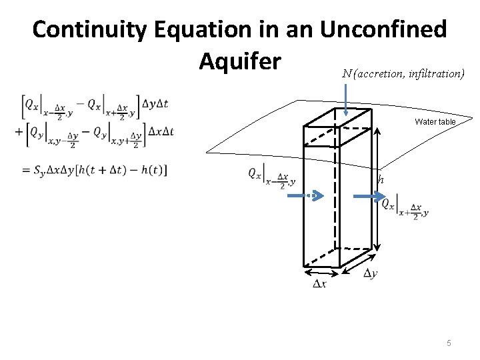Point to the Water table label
[x=435, y=121]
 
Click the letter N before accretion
[x=347, y=74]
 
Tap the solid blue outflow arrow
[x=365, y=196]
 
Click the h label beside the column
[x=381, y=179]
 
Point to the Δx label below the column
[x=320, y=284]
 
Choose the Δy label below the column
[x=371, y=273]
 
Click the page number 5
[x=449, y=343]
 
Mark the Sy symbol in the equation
[x=40, y=171]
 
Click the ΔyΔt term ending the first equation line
[x=154, y=105]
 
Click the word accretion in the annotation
[x=378, y=74]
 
